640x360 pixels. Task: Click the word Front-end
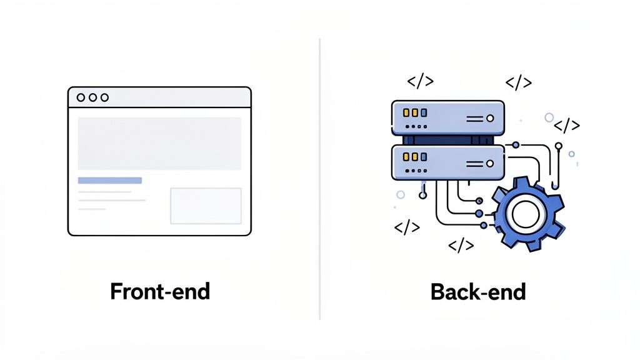160,291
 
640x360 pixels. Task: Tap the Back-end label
478,291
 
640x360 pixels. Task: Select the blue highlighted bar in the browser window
110,181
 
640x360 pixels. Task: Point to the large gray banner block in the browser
159,143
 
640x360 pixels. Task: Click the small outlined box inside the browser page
206,206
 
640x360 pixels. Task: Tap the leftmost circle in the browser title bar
81,97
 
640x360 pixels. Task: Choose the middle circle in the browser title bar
92,97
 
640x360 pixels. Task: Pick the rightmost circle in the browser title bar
104,97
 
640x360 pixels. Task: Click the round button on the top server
490,117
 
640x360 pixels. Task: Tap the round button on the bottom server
490,162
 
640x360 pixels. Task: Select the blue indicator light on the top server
424,113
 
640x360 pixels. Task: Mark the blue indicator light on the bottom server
424,157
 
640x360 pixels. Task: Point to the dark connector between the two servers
447,140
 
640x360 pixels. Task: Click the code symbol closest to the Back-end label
461,245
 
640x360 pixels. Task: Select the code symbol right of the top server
567,125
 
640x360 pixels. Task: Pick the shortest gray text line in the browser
92,209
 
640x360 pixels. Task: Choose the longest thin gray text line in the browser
112,200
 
